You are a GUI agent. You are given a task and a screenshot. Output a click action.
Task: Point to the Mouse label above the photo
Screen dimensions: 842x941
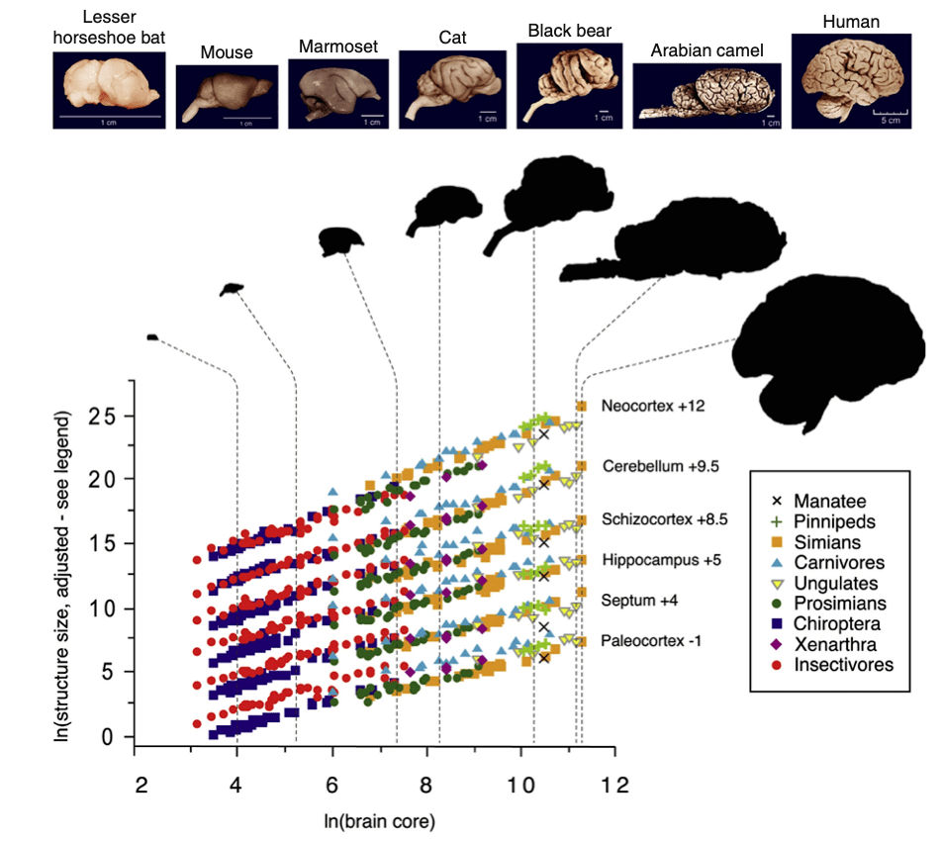(226, 51)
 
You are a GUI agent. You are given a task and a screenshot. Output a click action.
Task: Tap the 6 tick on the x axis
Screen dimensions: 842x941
(332, 781)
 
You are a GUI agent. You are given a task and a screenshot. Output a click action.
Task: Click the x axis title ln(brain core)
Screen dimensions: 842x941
(382, 821)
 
